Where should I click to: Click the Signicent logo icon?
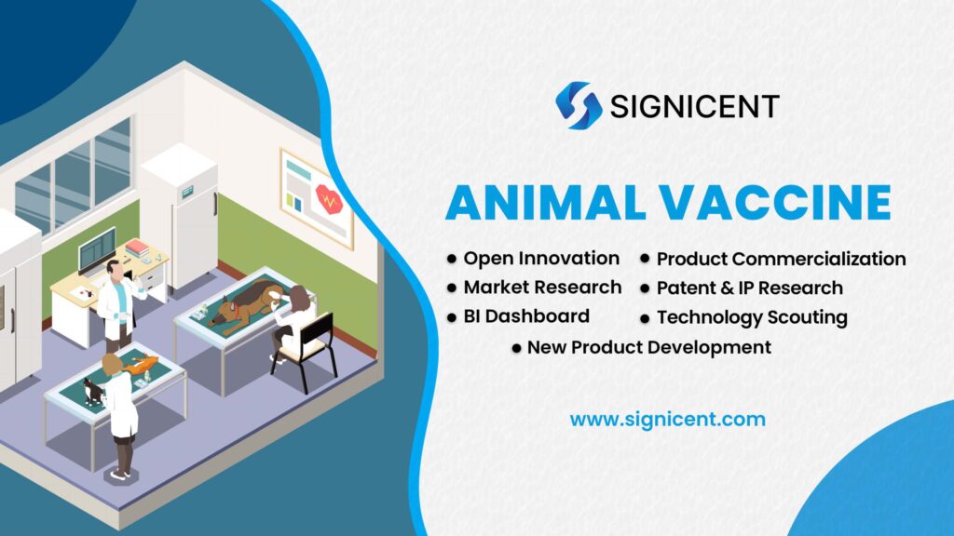click(579, 105)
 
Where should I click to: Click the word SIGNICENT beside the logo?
click(694, 106)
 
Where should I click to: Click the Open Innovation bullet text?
click(541, 258)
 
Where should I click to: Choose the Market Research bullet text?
click(542, 287)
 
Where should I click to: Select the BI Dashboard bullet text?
click(526, 315)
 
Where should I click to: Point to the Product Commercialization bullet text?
click(781, 259)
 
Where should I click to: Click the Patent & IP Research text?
click(749, 288)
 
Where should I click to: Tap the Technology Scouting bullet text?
click(752, 317)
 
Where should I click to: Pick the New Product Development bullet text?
click(648, 347)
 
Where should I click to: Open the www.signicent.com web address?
click(667, 419)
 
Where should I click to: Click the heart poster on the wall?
click(318, 197)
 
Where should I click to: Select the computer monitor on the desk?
click(97, 249)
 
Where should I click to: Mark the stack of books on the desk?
click(137, 249)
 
